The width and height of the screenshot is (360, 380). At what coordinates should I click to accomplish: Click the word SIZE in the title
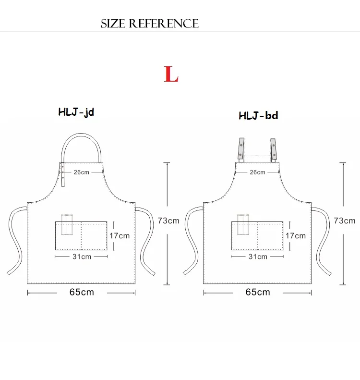point(113,24)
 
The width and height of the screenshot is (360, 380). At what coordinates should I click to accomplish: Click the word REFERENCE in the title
point(164,24)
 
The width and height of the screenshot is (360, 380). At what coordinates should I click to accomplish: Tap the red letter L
point(171,74)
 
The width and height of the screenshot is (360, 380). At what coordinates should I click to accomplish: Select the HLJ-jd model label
point(76,112)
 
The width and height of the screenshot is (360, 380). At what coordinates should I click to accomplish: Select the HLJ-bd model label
point(258,116)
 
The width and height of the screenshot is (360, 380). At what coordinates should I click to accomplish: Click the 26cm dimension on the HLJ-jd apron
point(81,172)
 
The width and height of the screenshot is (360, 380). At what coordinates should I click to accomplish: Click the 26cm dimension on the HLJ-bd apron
point(257,172)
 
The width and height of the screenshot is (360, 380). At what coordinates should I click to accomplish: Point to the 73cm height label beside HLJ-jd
point(168,221)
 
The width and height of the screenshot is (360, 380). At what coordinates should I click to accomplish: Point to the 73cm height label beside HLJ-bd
point(345,221)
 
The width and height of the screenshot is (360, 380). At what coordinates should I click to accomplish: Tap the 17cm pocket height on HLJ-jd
point(120,236)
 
